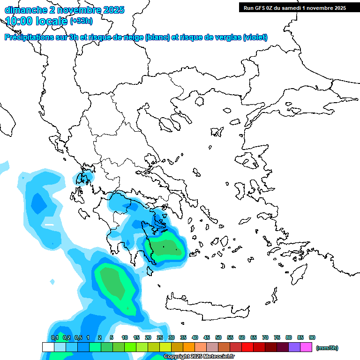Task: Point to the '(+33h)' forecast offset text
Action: point(81,21)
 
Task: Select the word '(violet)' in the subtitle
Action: point(255,37)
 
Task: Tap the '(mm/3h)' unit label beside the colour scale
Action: point(327,348)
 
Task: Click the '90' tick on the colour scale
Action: point(312,337)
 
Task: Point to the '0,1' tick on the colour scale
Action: point(54,337)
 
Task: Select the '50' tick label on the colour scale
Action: point(218,337)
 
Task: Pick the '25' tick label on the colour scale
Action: point(160,337)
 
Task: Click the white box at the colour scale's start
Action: point(48,347)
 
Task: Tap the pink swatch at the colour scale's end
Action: point(306,347)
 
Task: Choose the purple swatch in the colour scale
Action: point(294,347)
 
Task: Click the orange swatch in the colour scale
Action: point(189,347)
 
